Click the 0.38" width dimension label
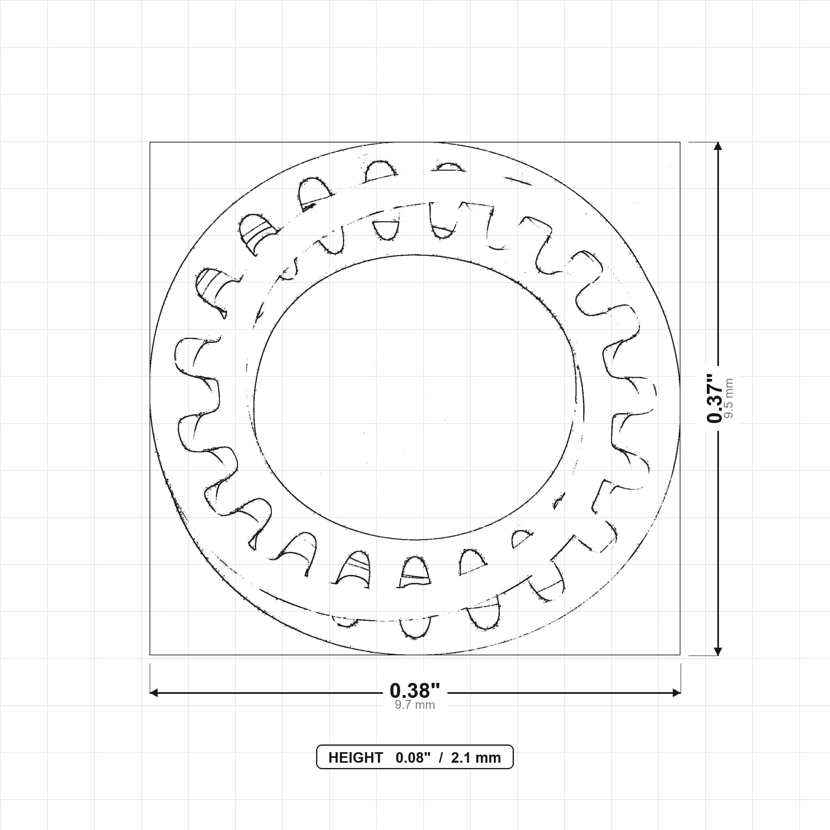(x=415, y=690)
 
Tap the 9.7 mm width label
(x=415, y=705)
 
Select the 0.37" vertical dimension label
(x=715, y=398)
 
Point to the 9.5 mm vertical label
(x=729, y=398)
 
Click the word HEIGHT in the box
(x=355, y=758)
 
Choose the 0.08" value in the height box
(x=413, y=758)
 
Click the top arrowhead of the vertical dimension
(x=717, y=146)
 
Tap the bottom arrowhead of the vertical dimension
(x=717, y=651)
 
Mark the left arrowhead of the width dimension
(x=154, y=693)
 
